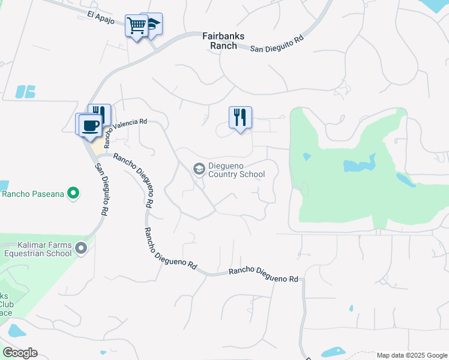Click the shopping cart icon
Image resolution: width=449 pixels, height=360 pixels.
pyautogui.click(x=136, y=26)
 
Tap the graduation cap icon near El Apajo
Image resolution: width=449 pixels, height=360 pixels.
pyautogui.click(x=153, y=24)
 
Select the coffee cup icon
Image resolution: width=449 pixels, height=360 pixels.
pyautogui.click(x=89, y=125)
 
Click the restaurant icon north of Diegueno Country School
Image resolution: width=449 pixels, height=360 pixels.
pyautogui.click(x=240, y=117)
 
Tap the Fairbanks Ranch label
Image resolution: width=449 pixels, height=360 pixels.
pyautogui.click(x=223, y=41)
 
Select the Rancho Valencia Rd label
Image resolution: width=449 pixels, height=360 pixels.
pyautogui.click(x=125, y=131)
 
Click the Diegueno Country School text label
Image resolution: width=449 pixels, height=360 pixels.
pyautogui.click(x=236, y=170)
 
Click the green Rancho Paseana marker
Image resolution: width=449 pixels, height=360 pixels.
pyautogui.click(x=73, y=193)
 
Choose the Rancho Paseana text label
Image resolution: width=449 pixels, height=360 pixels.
pyautogui.click(x=32, y=194)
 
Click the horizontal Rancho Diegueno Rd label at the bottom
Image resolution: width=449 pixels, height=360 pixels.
pyautogui.click(x=264, y=275)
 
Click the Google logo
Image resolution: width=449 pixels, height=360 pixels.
pyautogui.click(x=20, y=353)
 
